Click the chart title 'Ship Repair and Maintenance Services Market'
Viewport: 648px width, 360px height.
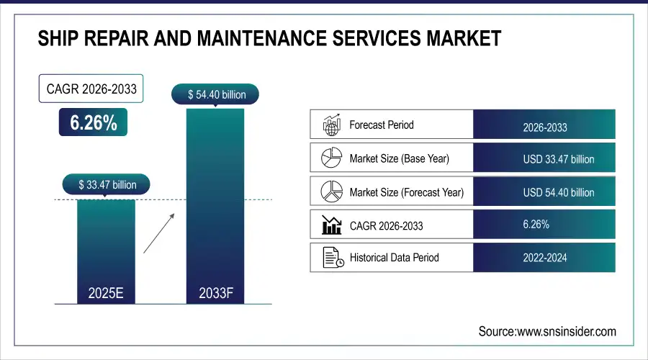pos(269,38)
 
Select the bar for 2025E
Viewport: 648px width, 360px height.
pos(107,245)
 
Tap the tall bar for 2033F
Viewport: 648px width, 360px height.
pos(215,202)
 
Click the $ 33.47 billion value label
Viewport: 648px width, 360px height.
pos(107,185)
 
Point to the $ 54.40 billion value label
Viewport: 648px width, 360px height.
pos(215,94)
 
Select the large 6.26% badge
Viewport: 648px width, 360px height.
pos(93,123)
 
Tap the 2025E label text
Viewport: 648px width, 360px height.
pos(107,293)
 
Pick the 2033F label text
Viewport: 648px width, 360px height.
pos(215,293)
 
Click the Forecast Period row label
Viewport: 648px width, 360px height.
pos(381,125)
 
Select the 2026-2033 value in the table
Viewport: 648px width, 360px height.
pos(544,127)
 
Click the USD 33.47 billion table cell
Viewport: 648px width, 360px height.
pos(544,159)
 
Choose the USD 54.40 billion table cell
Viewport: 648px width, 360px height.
pos(544,192)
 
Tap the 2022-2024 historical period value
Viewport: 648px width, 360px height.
pos(544,257)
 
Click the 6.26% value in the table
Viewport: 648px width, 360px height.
pos(536,225)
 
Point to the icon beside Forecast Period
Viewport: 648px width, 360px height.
pos(330,125)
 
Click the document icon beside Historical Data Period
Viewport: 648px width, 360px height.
pos(330,257)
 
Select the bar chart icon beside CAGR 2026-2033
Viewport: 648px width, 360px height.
pos(330,225)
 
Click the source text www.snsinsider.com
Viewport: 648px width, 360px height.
pos(547,331)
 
